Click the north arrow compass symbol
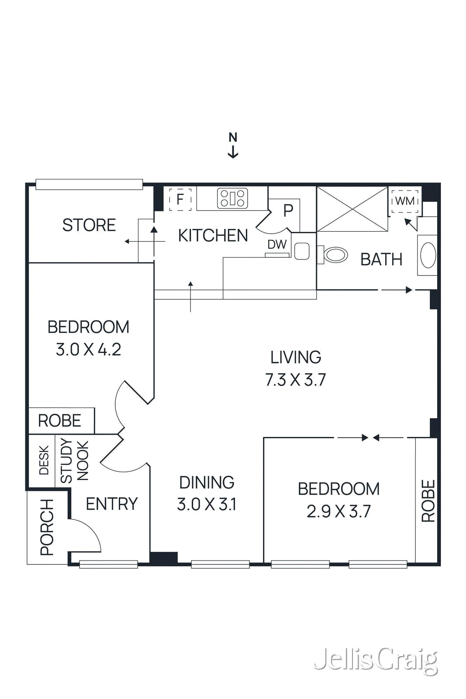point(233,145)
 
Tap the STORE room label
point(89,225)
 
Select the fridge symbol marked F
point(180,199)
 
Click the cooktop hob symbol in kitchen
point(232,198)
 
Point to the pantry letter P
point(288,211)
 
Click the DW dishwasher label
point(277,245)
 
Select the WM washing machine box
point(405,201)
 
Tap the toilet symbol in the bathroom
point(335,255)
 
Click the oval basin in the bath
point(428,256)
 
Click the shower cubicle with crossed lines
point(352,209)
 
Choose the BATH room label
point(381,260)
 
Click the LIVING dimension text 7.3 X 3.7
point(296,380)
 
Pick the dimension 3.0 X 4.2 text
point(88,349)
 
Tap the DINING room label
point(207,483)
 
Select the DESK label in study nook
point(44,460)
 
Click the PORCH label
point(47,527)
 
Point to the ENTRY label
point(112,504)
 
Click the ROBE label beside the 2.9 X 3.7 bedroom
point(428,501)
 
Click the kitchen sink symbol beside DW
point(302,251)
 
